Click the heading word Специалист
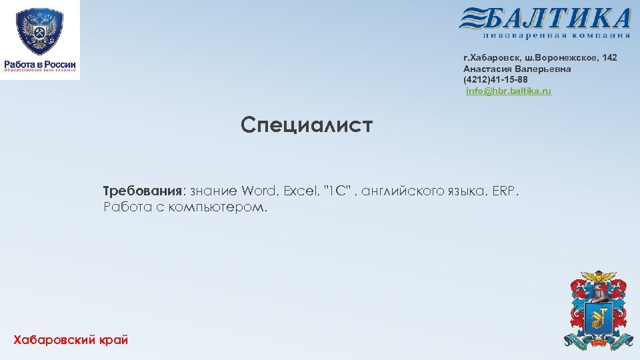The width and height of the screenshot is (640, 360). [307, 125]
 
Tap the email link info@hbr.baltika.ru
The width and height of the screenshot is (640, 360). [509, 91]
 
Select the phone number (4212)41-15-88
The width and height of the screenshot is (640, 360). [495, 80]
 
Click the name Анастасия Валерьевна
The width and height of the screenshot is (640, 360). [517, 69]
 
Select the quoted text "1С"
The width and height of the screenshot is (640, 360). [337, 192]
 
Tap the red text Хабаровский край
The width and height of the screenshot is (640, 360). [71, 340]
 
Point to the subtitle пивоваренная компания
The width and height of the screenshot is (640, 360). [557, 35]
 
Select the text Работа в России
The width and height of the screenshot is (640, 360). [40, 64]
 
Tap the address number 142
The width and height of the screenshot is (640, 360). [609, 59]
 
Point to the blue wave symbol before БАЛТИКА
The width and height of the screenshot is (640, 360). [474, 18]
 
